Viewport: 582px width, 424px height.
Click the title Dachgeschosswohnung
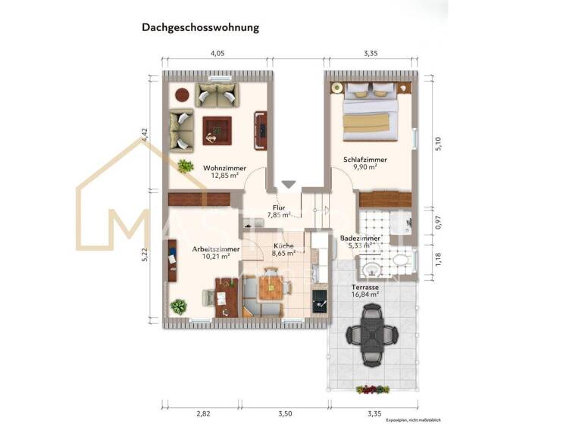pos(200,27)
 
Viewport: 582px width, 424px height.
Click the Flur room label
pos(279,207)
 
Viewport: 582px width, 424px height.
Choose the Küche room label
pos(284,246)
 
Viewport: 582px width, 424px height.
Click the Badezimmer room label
pos(360,238)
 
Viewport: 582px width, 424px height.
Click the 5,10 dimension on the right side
pos(437,144)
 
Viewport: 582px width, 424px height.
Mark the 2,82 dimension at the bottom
pos(203,414)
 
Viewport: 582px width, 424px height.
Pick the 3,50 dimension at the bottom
pos(285,414)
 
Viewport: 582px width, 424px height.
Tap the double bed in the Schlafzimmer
pos(370,111)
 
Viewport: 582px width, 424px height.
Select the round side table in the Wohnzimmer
pos(182,95)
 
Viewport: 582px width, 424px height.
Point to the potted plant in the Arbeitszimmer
pos(178,307)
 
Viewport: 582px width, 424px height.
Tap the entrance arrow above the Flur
pos(289,185)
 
